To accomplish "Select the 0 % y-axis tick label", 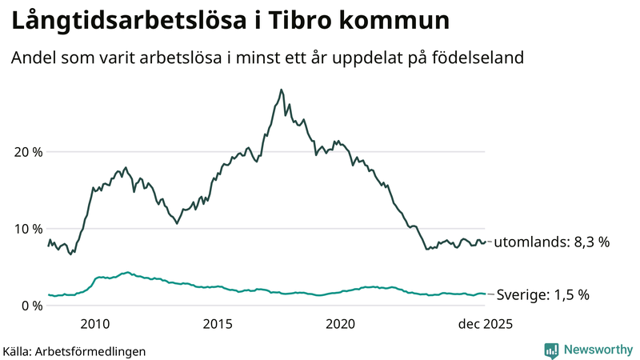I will click(x=32, y=306).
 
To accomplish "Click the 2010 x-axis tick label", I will click(x=95, y=324).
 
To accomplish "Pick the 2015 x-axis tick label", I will click(x=218, y=324).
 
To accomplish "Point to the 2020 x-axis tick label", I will click(x=341, y=324).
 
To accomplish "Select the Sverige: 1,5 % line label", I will click(x=543, y=294).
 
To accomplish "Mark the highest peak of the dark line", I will click(x=281, y=90).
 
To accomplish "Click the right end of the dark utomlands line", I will click(x=485, y=242).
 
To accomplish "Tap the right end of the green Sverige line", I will click(x=485, y=294).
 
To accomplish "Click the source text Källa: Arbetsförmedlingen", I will click(x=75, y=350).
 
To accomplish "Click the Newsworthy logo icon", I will click(x=551, y=350).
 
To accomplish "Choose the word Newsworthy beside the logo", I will click(x=598, y=350).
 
